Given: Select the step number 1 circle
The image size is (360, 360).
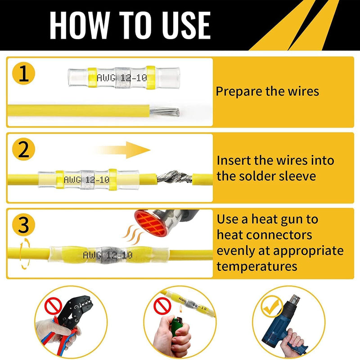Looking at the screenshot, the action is click(x=23, y=73).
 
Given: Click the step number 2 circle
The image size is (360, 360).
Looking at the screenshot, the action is click(x=23, y=149).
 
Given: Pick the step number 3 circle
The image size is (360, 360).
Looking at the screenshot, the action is click(x=23, y=224).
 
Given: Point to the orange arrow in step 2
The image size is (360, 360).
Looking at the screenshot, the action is click(x=121, y=150).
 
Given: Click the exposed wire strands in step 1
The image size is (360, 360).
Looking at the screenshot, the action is click(x=164, y=112).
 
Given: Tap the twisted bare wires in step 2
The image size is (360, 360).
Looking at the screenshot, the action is click(x=174, y=177).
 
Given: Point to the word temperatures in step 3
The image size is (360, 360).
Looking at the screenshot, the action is click(x=257, y=267).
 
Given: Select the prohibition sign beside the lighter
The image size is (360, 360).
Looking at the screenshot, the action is click(x=162, y=306).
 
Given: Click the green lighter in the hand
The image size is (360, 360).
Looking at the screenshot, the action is click(x=177, y=326).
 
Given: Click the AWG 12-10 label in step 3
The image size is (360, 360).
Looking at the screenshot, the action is click(x=108, y=255).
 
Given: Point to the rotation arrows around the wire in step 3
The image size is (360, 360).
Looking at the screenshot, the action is click(x=25, y=253).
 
